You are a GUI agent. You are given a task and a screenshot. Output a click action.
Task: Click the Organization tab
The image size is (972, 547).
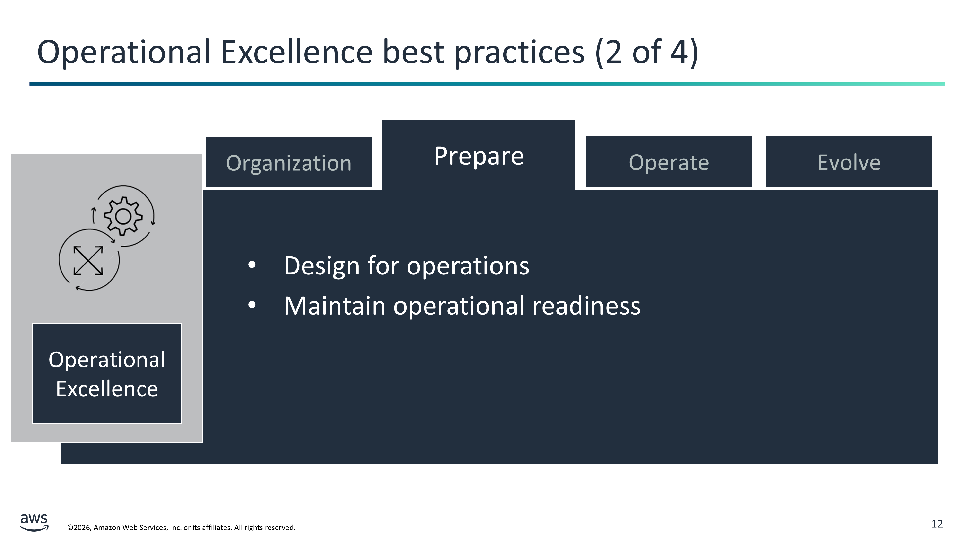(289, 162)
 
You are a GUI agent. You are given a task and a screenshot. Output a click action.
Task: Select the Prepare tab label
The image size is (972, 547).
(479, 156)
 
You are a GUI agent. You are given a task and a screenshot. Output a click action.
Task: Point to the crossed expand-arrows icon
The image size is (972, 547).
(88, 260)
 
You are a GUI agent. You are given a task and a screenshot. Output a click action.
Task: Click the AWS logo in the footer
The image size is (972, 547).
(34, 522)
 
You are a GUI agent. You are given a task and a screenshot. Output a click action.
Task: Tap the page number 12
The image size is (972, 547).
(937, 524)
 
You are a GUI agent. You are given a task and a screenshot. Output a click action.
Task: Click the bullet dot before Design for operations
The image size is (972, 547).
(252, 265)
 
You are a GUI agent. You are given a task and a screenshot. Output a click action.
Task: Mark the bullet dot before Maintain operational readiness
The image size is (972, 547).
(252, 305)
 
